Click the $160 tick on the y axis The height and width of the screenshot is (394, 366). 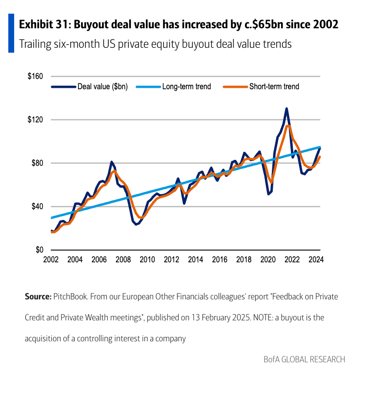[x=36, y=77]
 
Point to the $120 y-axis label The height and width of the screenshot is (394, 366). [x=36, y=120]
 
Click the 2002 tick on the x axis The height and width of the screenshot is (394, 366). [x=51, y=259]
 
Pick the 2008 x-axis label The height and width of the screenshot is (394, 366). [x=123, y=259]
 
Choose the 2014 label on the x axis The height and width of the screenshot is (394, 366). [x=196, y=259]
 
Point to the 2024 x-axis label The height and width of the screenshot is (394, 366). [x=316, y=259]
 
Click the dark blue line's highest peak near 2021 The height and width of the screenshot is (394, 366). [x=286, y=108]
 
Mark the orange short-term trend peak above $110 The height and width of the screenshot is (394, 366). [x=288, y=126]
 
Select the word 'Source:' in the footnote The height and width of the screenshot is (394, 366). [x=38, y=296]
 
